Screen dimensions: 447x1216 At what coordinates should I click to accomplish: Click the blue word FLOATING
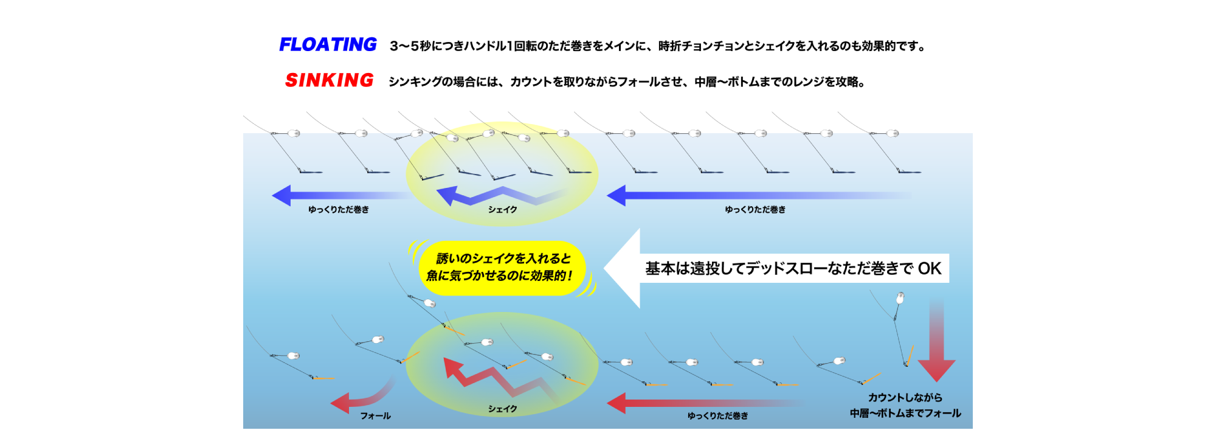coord(328,45)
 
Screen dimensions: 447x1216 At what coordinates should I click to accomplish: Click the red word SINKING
coord(329,80)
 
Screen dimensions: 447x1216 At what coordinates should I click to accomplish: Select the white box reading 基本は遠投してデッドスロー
coord(793,268)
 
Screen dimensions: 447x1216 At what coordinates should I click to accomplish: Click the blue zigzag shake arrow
coord(492,196)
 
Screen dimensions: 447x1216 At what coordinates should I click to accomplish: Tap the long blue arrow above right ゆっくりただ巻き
coord(754,196)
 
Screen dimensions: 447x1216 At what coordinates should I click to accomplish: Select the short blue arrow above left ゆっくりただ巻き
coord(334,196)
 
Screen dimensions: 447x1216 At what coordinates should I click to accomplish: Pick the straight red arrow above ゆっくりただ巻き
coord(699,403)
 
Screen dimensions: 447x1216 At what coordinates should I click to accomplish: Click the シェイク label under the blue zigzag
coord(502,210)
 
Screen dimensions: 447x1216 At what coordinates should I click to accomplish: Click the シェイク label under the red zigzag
coord(502,409)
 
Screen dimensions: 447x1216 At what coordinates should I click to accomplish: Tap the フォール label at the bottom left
coord(375,416)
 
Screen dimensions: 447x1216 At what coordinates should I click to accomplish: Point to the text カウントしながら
coord(905,398)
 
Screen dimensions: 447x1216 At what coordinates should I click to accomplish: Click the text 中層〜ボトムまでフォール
coord(905,414)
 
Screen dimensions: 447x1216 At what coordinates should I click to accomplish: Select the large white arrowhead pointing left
coord(623,268)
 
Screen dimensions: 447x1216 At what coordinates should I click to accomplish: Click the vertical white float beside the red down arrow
coord(900,298)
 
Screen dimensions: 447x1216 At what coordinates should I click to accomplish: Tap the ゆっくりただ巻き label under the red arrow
coord(717,416)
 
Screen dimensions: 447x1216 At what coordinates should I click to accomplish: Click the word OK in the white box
coord(929,268)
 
